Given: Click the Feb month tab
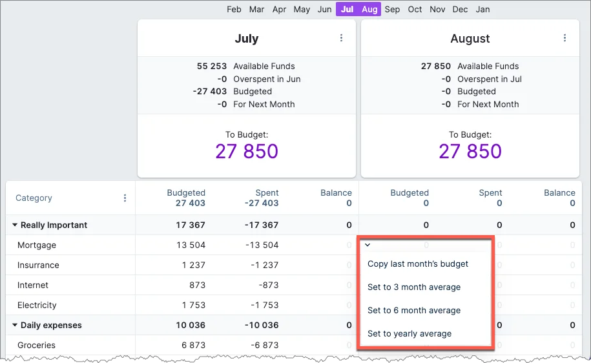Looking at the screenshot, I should tap(234, 9).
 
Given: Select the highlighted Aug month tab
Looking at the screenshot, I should tap(369, 9).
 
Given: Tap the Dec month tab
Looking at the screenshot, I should tap(460, 9).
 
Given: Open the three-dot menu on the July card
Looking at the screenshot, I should tap(342, 38).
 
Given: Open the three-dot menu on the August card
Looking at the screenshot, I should tap(565, 38).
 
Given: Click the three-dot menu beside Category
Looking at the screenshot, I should tap(125, 198).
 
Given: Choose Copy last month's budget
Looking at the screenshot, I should tap(418, 264).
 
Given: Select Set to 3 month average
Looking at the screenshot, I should tap(414, 287).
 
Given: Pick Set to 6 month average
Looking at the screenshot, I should tap(414, 310).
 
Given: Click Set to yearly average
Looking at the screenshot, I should tap(410, 333).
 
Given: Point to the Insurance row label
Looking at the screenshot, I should tap(38, 265).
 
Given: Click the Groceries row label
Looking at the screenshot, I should tap(37, 345).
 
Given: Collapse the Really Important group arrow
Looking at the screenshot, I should tap(15, 225).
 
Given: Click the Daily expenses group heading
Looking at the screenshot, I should tap(51, 325).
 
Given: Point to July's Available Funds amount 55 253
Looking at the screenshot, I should tap(212, 66).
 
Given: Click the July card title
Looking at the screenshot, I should tap(246, 39).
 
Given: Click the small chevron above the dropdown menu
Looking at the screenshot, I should tap(368, 245).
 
